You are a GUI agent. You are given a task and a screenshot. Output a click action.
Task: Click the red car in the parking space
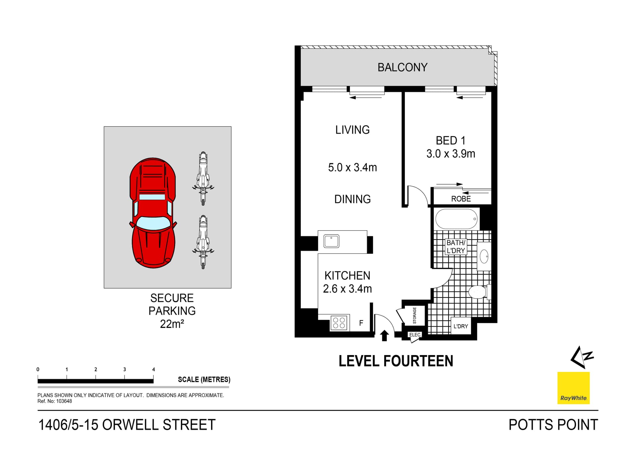(x=153, y=213)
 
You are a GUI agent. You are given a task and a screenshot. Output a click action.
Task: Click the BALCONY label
(x=402, y=67)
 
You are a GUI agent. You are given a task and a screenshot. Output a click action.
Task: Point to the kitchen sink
(x=331, y=241)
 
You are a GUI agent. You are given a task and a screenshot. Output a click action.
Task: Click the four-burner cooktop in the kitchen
(x=339, y=323)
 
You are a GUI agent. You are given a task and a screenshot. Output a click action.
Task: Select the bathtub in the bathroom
(x=456, y=219)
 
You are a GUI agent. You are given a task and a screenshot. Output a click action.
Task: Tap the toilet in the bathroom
(x=477, y=292)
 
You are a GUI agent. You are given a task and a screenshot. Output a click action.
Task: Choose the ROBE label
(x=461, y=199)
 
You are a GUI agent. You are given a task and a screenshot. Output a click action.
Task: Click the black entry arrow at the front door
(x=384, y=335)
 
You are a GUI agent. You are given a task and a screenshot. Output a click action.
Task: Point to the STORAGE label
(x=414, y=315)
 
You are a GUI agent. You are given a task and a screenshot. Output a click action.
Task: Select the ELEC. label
(x=415, y=335)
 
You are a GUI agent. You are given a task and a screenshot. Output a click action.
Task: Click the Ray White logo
(x=573, y=388)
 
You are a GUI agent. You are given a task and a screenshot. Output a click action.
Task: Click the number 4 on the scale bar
(x=153, y=370)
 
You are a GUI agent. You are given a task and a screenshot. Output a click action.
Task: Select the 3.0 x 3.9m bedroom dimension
(x=450, y=154)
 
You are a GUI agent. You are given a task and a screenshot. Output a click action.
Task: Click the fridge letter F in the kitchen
(x=361, y=323)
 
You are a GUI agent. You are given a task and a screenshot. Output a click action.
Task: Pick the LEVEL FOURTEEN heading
(x=396, y=361)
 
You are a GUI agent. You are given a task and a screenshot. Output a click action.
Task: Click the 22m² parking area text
(x=172, y=324)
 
